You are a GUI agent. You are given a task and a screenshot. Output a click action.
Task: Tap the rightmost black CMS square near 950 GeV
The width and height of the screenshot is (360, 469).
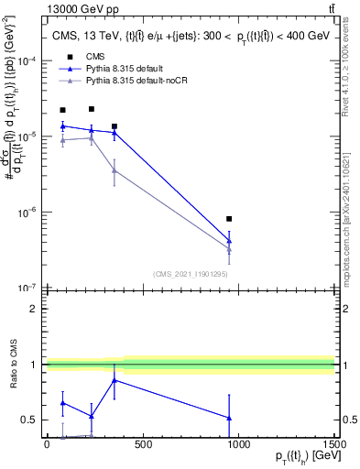tap(229, 219)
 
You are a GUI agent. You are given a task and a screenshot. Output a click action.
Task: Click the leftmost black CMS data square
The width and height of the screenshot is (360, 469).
tap(62, 110)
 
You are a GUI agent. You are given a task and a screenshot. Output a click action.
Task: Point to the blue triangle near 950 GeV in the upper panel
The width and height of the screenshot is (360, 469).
tap(229, 241)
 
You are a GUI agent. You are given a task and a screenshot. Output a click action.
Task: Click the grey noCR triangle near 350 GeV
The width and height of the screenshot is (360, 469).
tap(114, 170)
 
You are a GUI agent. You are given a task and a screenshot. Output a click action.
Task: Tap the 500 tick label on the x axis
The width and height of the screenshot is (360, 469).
tap(142, 445)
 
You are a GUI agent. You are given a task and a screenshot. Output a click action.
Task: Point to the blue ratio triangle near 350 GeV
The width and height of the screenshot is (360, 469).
tap(114, 380)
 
